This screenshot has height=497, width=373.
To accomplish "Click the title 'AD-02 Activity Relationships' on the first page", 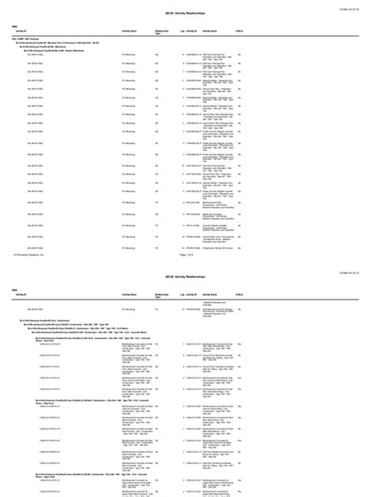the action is pos(186,16).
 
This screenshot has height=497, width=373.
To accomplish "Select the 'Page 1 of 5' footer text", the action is pos(186,234).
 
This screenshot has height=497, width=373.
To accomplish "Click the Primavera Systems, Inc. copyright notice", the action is pos(31,234).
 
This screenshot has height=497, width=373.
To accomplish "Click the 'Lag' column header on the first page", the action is pos(183,31).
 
